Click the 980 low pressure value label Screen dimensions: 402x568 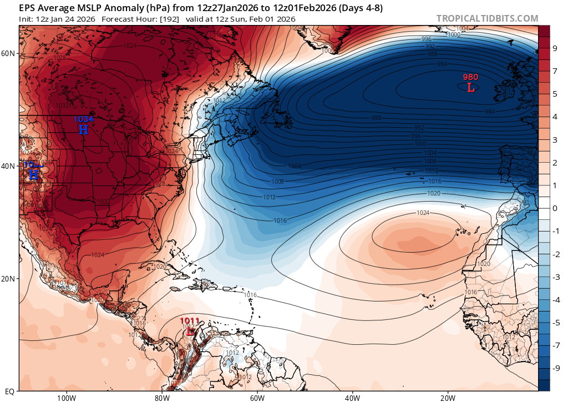[470, 77]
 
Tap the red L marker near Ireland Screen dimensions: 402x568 [470, 87]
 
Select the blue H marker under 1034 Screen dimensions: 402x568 [83, 129]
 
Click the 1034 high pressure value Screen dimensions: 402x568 [84, 119]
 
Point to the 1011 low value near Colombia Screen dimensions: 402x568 [190, 321]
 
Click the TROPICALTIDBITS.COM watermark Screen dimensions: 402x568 [487, 18]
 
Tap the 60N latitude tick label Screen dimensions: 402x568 [8, 53]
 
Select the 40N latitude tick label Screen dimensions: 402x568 [8, 166]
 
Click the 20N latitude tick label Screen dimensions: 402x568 [8, 279]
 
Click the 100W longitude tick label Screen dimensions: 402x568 [66, 398]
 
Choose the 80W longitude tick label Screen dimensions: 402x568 [161, 398]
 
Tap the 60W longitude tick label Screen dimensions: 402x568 [257, 398]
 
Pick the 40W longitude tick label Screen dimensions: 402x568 [352, 398]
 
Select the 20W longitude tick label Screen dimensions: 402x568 [448, 398]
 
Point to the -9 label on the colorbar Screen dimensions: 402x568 [555, 368]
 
